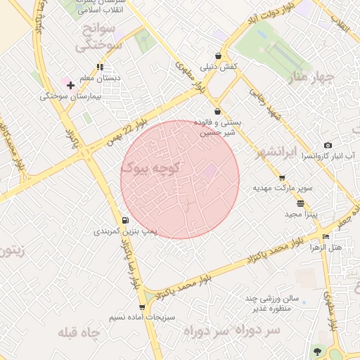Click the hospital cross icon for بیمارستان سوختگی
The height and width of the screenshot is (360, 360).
coord(71,84)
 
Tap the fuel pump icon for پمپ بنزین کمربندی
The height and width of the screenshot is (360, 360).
coord(126,220)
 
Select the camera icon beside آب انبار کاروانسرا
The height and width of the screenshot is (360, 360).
coord(328,145)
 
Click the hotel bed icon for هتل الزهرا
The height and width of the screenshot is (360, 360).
coord(325,237)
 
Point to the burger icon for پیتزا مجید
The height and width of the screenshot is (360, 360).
coord(301,203)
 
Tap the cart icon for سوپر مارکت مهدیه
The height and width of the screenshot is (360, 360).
coord(282,178)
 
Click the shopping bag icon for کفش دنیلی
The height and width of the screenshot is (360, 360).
coord(219,56)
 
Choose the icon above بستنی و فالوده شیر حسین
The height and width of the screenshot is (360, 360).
coord(217,111)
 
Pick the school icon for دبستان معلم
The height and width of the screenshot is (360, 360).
coord(101,67)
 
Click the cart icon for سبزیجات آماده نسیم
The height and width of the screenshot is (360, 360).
coord(142,307)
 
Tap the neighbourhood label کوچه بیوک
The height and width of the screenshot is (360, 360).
coord(151,168)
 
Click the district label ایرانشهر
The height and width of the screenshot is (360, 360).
coord(274,151)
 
